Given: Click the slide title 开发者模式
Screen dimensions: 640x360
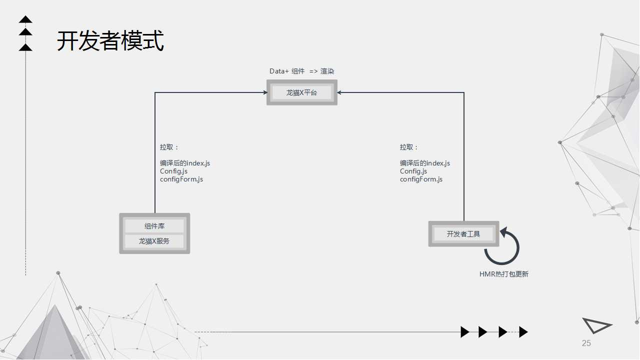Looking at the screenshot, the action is (x=110, y=41).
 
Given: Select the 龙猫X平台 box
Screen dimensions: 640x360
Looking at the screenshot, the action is (x=301, y=92).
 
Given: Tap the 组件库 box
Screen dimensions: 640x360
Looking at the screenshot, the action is (x=154, y=226).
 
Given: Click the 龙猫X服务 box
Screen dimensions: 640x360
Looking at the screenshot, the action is (x=154, y=241).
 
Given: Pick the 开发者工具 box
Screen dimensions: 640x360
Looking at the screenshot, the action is (x=463, y=233).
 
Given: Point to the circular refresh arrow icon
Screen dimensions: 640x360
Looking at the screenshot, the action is (x=502, y=246).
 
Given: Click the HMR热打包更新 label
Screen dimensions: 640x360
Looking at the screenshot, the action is (x=503, y=274).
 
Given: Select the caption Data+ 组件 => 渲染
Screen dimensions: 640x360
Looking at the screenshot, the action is (x=301, y=71).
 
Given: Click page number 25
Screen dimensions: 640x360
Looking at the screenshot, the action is (x=586, y=343).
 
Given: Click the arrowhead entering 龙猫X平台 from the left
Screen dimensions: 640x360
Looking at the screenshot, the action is (x=265, y=92).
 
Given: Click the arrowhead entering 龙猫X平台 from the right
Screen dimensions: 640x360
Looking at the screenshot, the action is (x=339, y=92).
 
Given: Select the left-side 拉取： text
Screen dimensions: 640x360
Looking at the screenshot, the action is (x=169, y=147).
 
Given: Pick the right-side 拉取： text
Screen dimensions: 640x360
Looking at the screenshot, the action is (x=409, y=147).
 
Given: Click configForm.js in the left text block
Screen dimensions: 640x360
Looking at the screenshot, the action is (x=181, y=179).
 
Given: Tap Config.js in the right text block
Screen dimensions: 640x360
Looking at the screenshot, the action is (x=413, y=171).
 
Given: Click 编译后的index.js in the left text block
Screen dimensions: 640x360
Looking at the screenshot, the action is (x=185, y=163).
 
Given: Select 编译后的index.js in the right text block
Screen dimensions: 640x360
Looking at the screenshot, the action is (x=425, y=163).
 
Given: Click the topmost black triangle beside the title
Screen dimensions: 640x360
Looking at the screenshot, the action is (x=25, y=20).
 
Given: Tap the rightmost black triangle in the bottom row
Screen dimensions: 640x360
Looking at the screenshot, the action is (x=523, y=332).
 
